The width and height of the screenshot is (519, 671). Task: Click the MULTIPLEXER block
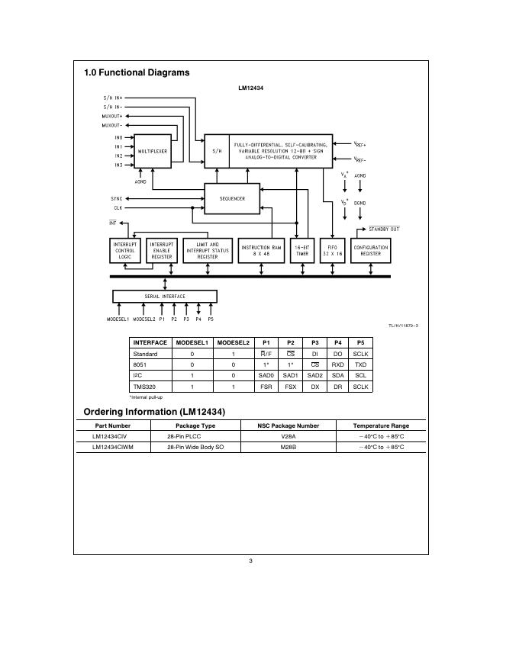click(152, 151)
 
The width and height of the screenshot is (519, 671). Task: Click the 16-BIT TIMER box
click(301, 251)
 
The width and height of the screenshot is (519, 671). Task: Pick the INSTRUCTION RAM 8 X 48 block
click(261, 251)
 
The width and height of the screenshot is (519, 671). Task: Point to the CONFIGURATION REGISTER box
click(370, 251)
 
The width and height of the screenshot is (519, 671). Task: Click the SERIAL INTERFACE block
click(165, 296)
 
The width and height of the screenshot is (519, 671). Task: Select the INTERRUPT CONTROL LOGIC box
click(125, 251)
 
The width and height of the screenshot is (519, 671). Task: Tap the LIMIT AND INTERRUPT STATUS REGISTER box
click(208, 251)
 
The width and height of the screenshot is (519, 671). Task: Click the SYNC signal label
click(117, 198)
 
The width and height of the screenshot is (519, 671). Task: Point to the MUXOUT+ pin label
click(112, 116)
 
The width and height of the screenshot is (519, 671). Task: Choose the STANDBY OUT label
click(384, 229)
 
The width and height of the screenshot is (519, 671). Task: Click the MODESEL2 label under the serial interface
click(143, 319)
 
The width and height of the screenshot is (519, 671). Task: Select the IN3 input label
click(118, 165)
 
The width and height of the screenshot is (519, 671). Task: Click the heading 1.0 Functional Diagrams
click(137, 73)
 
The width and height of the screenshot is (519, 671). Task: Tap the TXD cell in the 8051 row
click(360, 365)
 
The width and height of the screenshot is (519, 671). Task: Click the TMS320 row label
click(144, 387)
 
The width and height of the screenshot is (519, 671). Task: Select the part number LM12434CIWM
click(112, 447)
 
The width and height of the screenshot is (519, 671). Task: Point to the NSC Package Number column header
click(288, 425)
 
